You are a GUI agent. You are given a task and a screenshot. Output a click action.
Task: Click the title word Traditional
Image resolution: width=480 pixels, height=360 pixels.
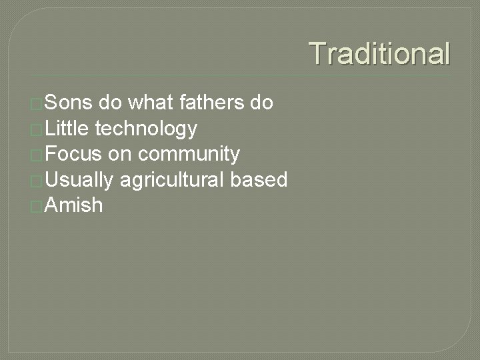point(380,53)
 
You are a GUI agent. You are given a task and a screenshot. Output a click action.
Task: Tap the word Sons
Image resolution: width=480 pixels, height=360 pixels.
point(69,103)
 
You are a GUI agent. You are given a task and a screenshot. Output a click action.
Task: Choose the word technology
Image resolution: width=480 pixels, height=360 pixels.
point(147,129)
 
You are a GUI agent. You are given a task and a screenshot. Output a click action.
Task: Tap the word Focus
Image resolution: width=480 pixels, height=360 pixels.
point(74,154)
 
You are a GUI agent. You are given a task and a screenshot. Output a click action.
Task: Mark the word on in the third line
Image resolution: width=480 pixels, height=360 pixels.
point(120,154)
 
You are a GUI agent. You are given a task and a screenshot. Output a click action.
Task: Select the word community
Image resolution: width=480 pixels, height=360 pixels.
point(189,154)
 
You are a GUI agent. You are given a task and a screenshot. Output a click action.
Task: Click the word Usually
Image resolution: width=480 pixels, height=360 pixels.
point(81,180)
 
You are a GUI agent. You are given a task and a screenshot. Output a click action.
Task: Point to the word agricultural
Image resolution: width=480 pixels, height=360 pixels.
point(175,180)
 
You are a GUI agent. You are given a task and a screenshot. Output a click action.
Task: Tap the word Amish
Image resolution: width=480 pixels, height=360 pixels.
point(75,205)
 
